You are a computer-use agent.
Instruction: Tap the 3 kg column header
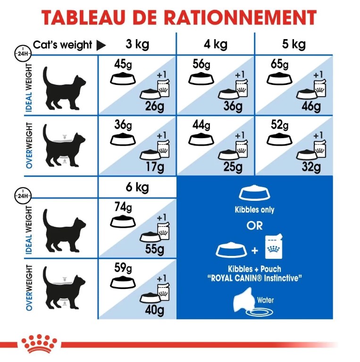[x=137, y=44]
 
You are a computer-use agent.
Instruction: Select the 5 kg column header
[x=293, y=44]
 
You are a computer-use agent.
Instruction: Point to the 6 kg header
[x=137, y=187]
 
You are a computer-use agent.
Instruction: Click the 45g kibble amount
[x=123, y=64]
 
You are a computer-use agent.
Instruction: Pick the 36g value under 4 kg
[x=233, y=106]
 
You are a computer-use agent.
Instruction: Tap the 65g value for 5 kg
[x=280, y=64]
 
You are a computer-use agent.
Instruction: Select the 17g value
[x=155, y=167]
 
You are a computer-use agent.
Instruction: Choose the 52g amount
[x=280, y=125]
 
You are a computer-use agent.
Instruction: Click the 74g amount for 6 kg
[x=123, y=207]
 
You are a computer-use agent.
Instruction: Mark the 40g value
[x=155, y=310]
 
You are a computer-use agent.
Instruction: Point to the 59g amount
[x=123, y=268]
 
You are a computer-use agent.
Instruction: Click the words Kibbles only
[x=254, y=210]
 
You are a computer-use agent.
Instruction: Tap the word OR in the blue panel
[x=254, y=226]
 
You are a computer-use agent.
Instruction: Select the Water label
[x=265, y=300]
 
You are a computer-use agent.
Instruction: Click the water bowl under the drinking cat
[x=259, y=313]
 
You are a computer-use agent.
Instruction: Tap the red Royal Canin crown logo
[x=39, y=343]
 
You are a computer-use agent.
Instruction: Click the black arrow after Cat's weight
[x=101, y=45]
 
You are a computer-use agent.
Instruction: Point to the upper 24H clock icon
[x=23, y=54]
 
